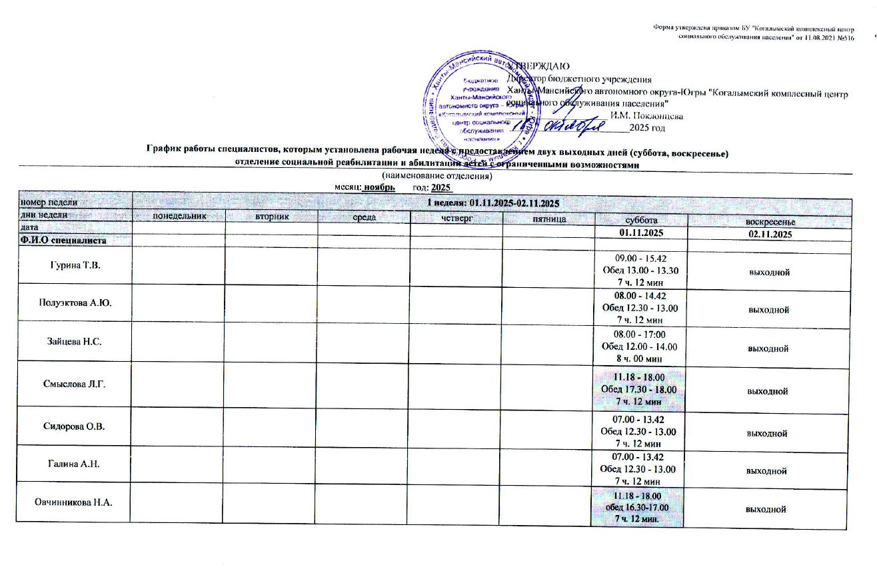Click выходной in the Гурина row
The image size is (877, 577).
pyautogui.click(x=768, y=272)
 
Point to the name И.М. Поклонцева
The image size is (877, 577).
pyautogui.click(x=646, y=115)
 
